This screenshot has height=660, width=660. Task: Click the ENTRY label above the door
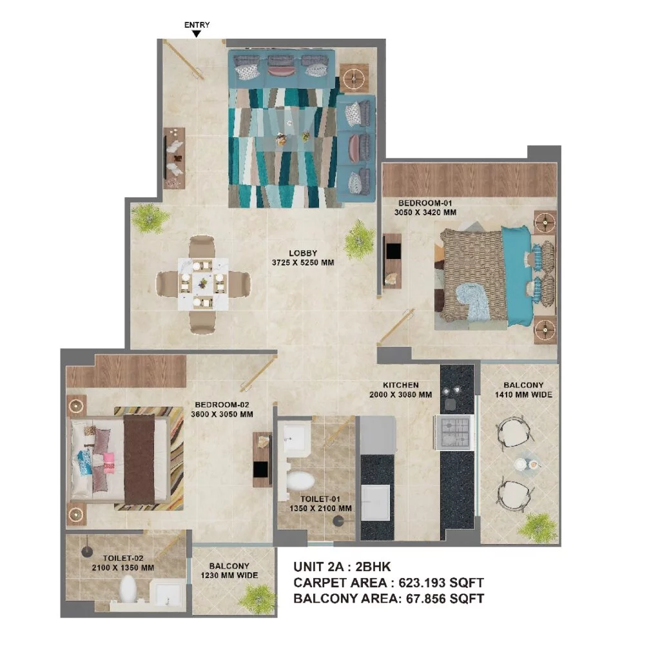pos(197,25)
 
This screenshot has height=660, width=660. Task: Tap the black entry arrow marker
pos(197,34)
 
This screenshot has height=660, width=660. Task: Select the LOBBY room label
pos(303,253)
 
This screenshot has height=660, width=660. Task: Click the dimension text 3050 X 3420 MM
pos(425,213)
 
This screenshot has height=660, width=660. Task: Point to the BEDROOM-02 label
pos(222,405)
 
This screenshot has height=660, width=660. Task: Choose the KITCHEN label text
pos(401,385)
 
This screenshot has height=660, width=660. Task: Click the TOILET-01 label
pos(320,500)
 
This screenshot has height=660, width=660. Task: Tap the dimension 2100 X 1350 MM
pos(123,568)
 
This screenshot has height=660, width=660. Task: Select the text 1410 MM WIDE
pos(523,395)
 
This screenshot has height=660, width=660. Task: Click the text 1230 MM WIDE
pos(229,576)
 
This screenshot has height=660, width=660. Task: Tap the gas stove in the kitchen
pos(455,432)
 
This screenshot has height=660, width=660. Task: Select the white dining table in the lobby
pos(203,284)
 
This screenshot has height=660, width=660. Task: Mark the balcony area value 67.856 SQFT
pos(445,598)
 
